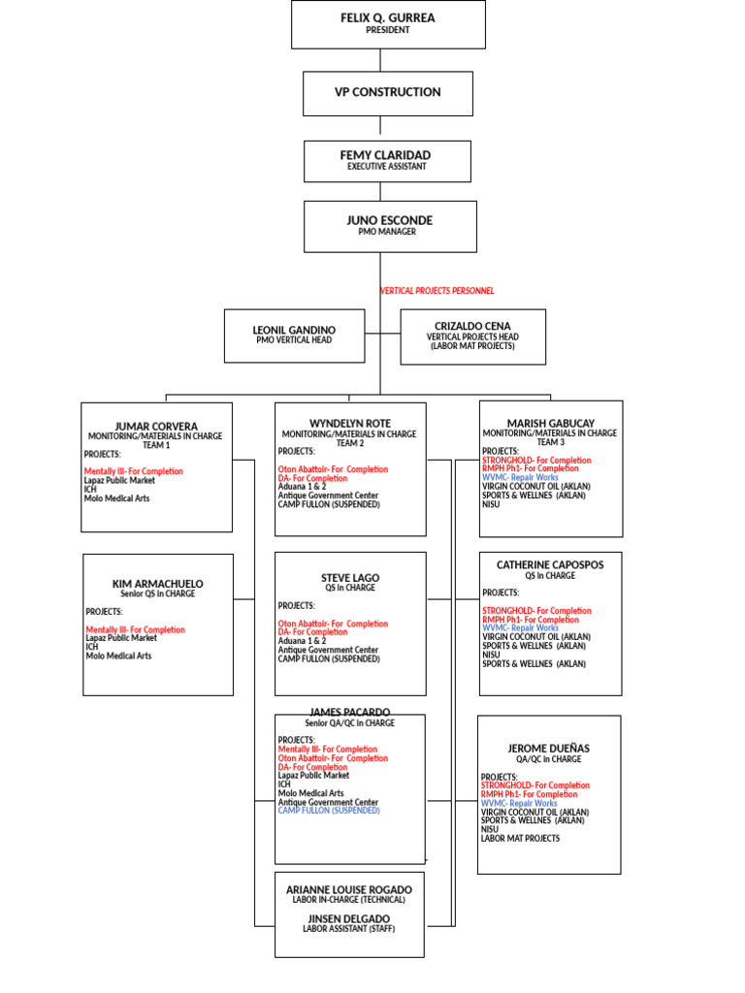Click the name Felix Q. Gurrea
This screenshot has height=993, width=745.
pyautogui.click(x=388, y=17)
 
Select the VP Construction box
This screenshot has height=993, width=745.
pyautogui.click(x=388, y=92)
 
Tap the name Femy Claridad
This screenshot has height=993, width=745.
pyautogui.click(x=385, y=155)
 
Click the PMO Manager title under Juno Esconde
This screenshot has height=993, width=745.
pyautogui.click(x=388, y=233)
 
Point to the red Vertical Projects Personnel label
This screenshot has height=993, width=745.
pyautogui.click(x=437, y=291)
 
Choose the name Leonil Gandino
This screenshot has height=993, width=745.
pyautogui.click(x=294, y=331)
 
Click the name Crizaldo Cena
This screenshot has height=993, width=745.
pyautogui.click(x=473, y=326)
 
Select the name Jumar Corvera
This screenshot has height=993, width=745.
pyautogui.click(x=156, y=427)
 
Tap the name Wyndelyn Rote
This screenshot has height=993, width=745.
pyautogui.click(x=350, y=424)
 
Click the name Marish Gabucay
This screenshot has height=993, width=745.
pyautogui.click(x=550, y=424)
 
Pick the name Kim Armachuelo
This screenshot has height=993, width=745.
pyautogui.click(x=158, y=584)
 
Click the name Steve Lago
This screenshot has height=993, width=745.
pyautogui.click(x=350, y=578)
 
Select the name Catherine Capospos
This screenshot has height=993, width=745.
pyautogui.click(x=550, y=564)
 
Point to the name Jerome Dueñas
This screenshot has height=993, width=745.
pyautogui.click(x=549, y=749)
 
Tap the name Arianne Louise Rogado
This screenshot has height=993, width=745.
pyautogui.click(x=349, y=889)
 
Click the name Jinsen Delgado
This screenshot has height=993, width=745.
pyautogui.click(x=349, y=918)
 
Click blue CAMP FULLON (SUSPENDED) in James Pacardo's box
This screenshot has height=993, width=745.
pyautogui.click(x=329, y=811)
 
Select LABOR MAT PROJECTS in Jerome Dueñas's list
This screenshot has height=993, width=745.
pyautogui.click(x=520, y=838)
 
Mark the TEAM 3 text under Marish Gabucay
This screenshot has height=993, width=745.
pyautogui.click(x=550, y=442)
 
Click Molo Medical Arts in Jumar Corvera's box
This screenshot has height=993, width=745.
pyautogui.click(x=117, y=498)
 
